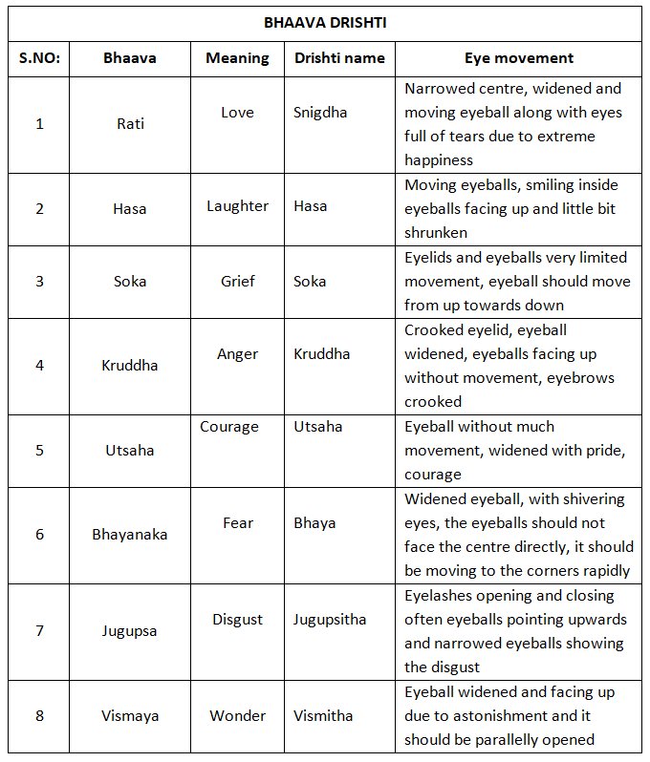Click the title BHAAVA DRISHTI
point(326,21)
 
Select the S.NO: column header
point(39,58)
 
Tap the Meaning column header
point(237,58)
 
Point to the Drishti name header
point(338,58)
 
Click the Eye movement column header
point(519,58)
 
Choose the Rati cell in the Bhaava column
point(131,124)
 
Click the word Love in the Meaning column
point(237,113)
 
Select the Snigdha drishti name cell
point(320,113)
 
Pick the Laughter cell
point(237,205)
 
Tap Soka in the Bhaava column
point(131,282)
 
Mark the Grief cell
point(237,282)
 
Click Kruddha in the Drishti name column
point(322,354)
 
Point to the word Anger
point(237,354)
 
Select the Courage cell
point(229,427)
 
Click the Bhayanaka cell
point(130,535)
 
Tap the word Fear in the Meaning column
point(237,523)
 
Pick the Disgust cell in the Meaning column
point(237,620)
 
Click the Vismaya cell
point(130,716)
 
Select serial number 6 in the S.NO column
point(39,535)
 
